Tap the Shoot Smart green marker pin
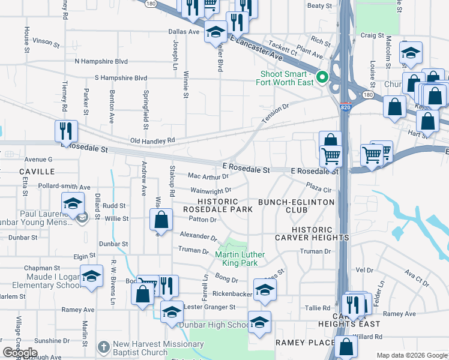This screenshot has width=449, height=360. [322, 77]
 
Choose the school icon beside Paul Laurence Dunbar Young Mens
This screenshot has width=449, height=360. [73, 203]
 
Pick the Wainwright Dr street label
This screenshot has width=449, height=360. [211, 190]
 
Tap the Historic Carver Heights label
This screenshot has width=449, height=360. [321, 233]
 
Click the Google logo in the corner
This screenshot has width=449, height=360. [20, 353]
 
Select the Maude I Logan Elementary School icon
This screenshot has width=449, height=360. [91, 276]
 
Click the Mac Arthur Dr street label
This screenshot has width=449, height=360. [208, 176]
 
